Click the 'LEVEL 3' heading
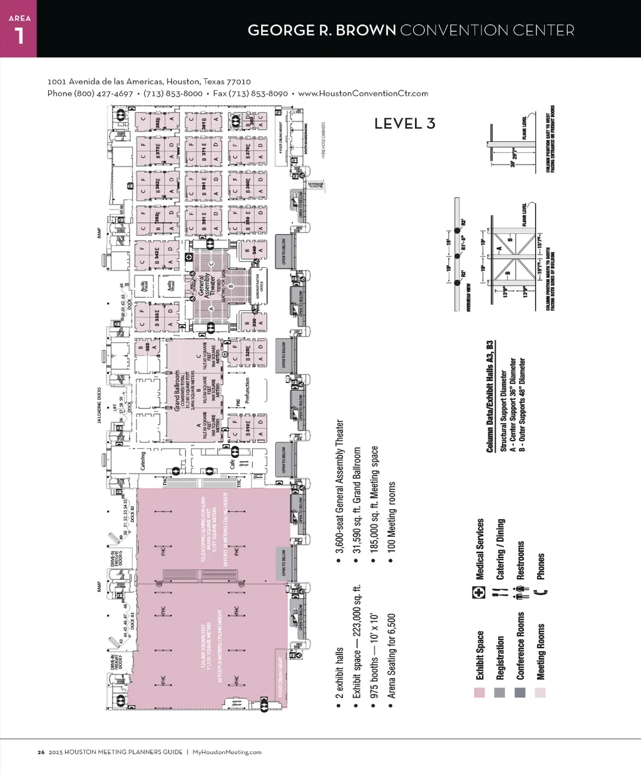404,124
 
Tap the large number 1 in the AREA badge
19,36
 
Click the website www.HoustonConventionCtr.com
363,93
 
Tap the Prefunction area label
247,390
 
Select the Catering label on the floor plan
143,461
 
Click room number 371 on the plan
204,151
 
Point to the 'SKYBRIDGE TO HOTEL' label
315,185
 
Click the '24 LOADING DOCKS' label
100,405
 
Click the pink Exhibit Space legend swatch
479,693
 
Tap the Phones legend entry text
541,566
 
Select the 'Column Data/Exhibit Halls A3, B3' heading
490,397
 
